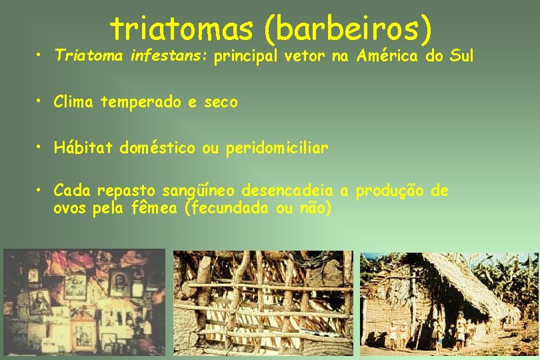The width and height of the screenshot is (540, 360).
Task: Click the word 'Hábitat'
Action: point(84,148)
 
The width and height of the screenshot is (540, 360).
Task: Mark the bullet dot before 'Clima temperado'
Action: point(41,101)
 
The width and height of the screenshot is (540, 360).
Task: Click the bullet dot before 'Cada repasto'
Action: point(41,191)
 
